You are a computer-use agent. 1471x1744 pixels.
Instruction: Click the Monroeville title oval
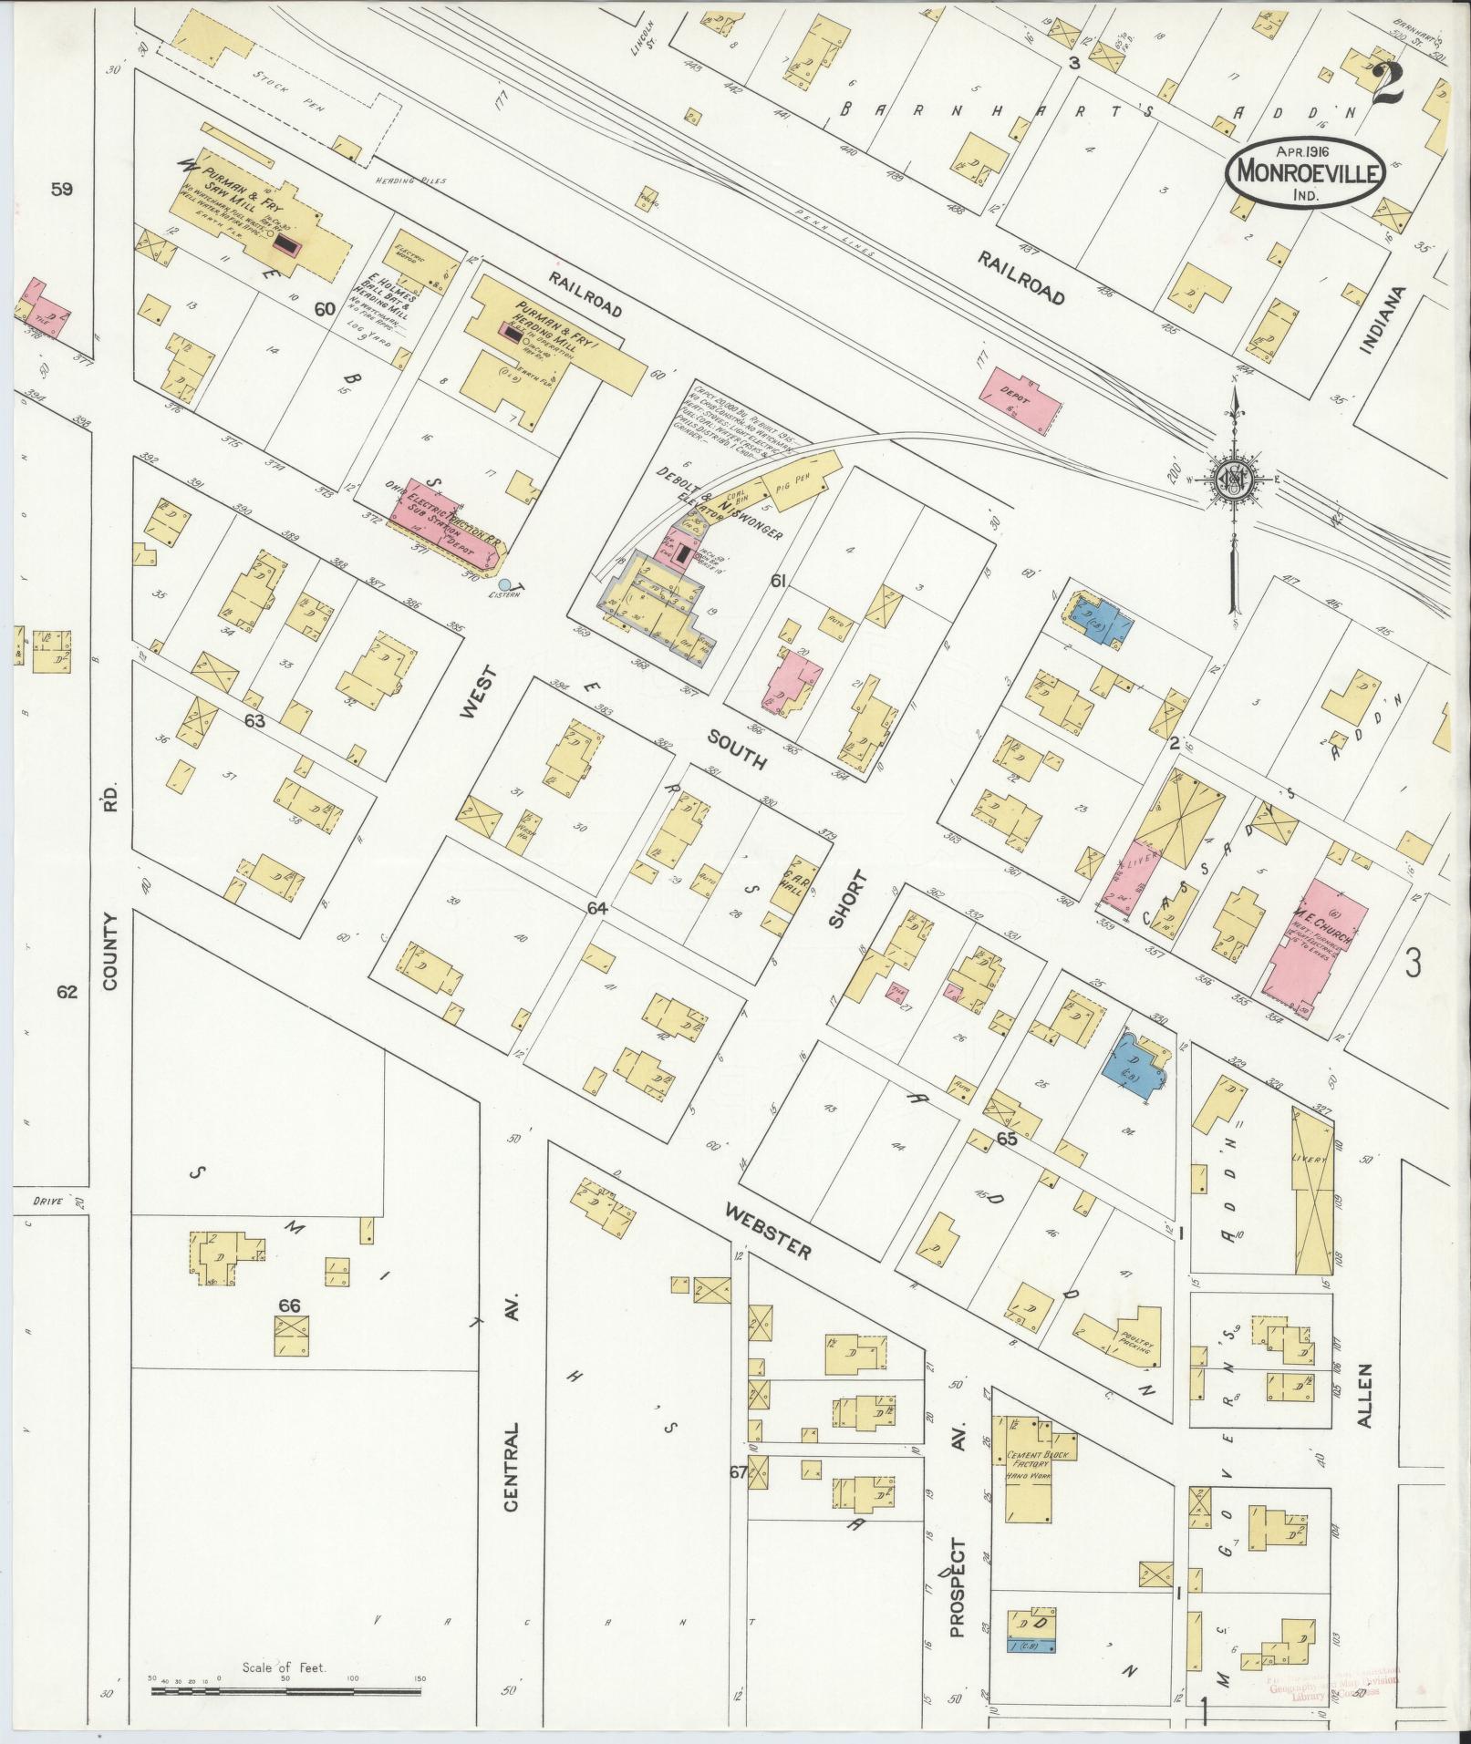point(1306,169)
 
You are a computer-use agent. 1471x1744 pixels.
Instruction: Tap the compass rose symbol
point(1232,480)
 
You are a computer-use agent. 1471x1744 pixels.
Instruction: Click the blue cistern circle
point(504,584)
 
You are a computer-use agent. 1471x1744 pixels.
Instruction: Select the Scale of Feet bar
point(287,1691)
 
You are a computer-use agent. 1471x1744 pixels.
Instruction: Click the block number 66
point(290,1306)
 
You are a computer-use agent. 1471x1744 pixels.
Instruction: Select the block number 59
point(62,190)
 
